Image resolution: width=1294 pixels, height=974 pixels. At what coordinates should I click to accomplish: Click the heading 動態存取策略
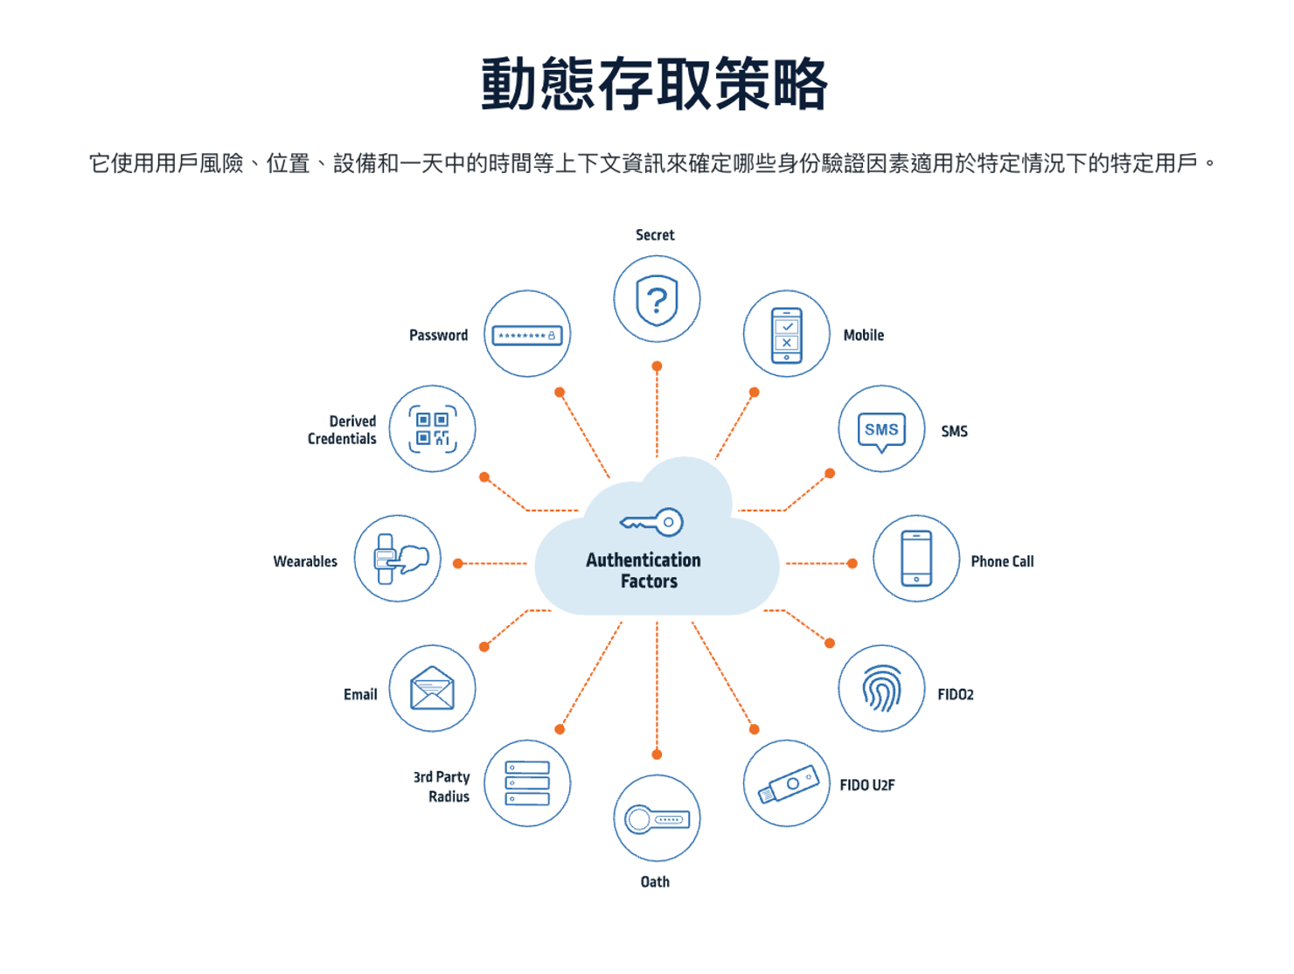654,85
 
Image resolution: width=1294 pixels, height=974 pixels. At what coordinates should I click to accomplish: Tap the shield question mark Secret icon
657,299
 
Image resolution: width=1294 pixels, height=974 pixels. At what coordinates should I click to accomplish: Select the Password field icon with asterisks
527,335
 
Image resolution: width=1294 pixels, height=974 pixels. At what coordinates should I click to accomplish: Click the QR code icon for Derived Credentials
433,429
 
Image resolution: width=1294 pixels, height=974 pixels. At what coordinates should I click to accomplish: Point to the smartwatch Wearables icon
398,559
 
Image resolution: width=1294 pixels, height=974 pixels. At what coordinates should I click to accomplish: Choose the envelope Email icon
433,688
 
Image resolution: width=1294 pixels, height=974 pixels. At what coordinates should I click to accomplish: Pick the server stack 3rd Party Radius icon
527,783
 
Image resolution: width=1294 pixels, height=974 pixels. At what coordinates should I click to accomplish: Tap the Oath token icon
657,819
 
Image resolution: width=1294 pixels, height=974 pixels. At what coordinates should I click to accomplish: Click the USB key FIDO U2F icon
787,783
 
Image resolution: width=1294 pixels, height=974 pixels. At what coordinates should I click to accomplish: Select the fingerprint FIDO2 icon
881,688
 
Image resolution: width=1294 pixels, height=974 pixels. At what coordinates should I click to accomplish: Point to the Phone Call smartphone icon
916,559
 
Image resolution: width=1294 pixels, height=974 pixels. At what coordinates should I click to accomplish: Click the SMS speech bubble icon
881,429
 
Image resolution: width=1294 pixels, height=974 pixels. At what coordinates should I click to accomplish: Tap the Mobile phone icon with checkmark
787,335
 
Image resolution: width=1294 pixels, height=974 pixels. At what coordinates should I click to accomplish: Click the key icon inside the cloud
651,523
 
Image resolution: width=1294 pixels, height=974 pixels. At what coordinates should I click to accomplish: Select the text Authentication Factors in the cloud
644,570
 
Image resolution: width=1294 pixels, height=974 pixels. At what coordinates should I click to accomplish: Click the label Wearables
305,561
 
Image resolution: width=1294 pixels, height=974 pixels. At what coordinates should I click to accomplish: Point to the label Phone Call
1002,561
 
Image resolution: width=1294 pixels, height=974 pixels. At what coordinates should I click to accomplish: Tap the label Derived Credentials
342,429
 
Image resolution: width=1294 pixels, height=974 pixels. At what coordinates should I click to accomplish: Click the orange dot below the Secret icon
657,366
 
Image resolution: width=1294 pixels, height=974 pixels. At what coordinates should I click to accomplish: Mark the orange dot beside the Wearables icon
457,564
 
